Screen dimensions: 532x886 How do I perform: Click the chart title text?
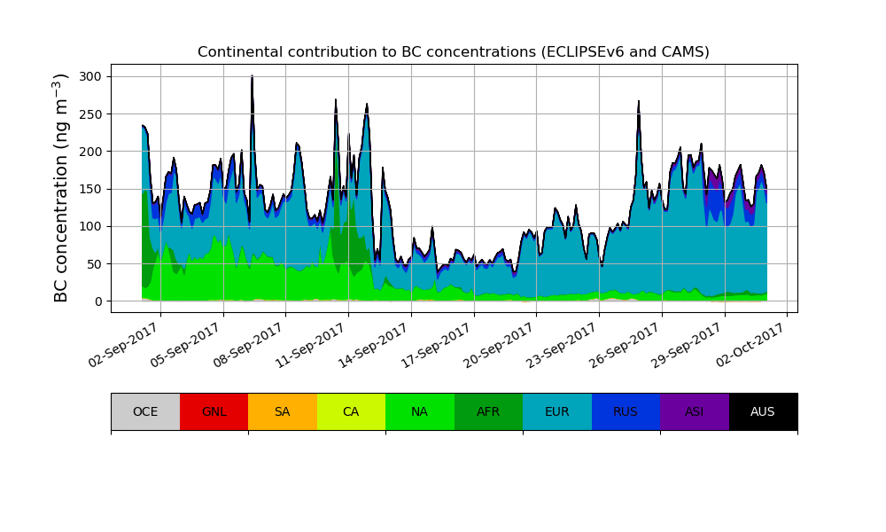pyautogui.click(x=453, y=52)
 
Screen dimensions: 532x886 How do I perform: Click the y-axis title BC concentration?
pyautogui.click(x=61, y=188)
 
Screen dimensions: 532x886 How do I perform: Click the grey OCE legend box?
pyautogui.click(x=145, y=411)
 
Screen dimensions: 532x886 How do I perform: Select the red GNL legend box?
pyautogui.click(x=214, y=411)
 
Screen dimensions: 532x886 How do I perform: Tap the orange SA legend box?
pyautogui.click(x=283, y=411)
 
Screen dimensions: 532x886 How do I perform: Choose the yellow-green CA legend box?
pyautogui.click(x=351, y=411)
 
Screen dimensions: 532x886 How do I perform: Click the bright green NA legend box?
pyautogui.click(x=420, y=411)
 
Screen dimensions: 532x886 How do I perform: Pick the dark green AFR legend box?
pyautogui.click(x=488, y=411)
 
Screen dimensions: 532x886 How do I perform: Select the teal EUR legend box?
pyautogui.click(x=557, y=411)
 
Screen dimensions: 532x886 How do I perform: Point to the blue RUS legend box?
pyautogui.click(x=626, y=411)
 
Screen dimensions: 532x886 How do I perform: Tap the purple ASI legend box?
pyautogui.click(x=695, y=411)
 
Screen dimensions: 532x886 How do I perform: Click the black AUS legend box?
pyautogui.click(x=763, y=411)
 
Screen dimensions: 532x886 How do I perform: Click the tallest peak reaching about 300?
pyautogui.click(x=253, y=78)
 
